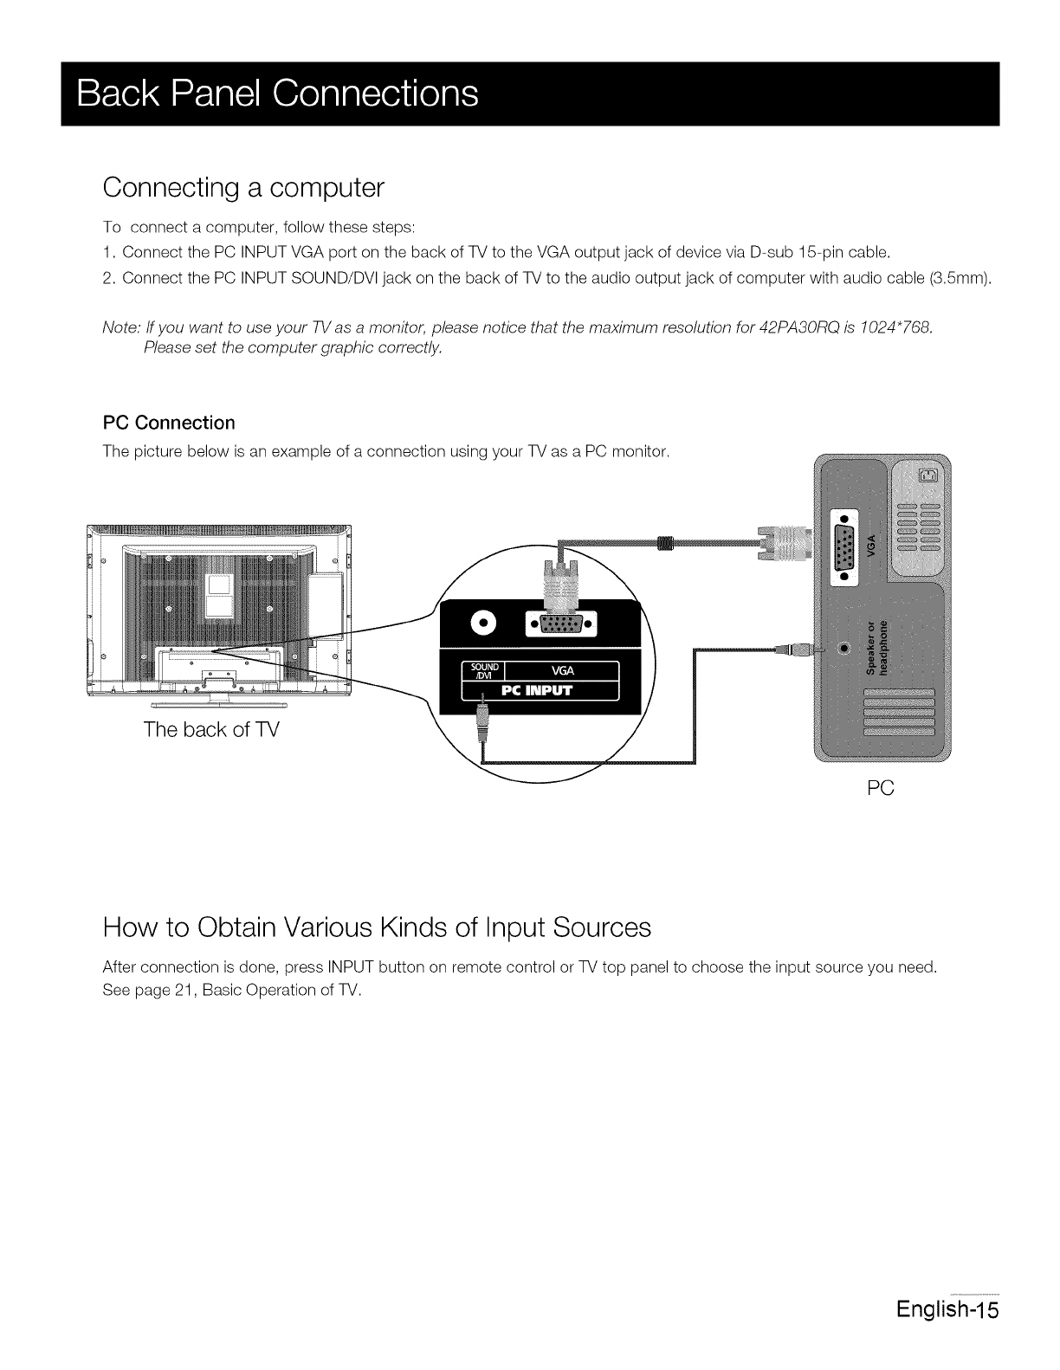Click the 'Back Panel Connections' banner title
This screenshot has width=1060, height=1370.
277,94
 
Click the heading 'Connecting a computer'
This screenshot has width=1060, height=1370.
242,187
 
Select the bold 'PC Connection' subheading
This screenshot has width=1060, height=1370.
169,423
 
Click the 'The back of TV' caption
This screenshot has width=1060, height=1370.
211,729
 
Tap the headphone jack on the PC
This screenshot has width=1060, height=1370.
844,648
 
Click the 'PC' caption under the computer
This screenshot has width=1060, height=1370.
881,788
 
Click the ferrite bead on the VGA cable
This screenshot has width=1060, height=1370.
665,544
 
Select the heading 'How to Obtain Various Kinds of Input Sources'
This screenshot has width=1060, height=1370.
377,927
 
